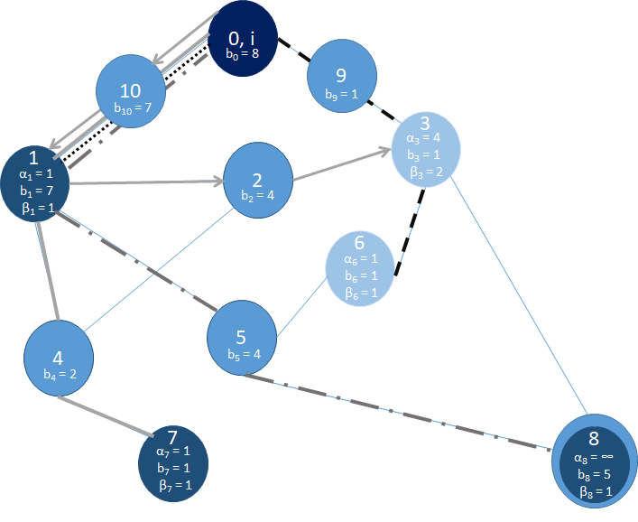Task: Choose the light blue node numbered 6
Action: pyautogui.click(x=359, y=267)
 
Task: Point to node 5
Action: pyautogui.click(x=241, y=341)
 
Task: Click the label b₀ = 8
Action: pyautogui.click(x=244, y=53)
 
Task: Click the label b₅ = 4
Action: pyautogui.click(x=243, y=354)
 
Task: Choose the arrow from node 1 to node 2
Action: pyautogui.click(x=144, y=183)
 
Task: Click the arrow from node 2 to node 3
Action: pyautogui.click(x=343, y=163)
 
